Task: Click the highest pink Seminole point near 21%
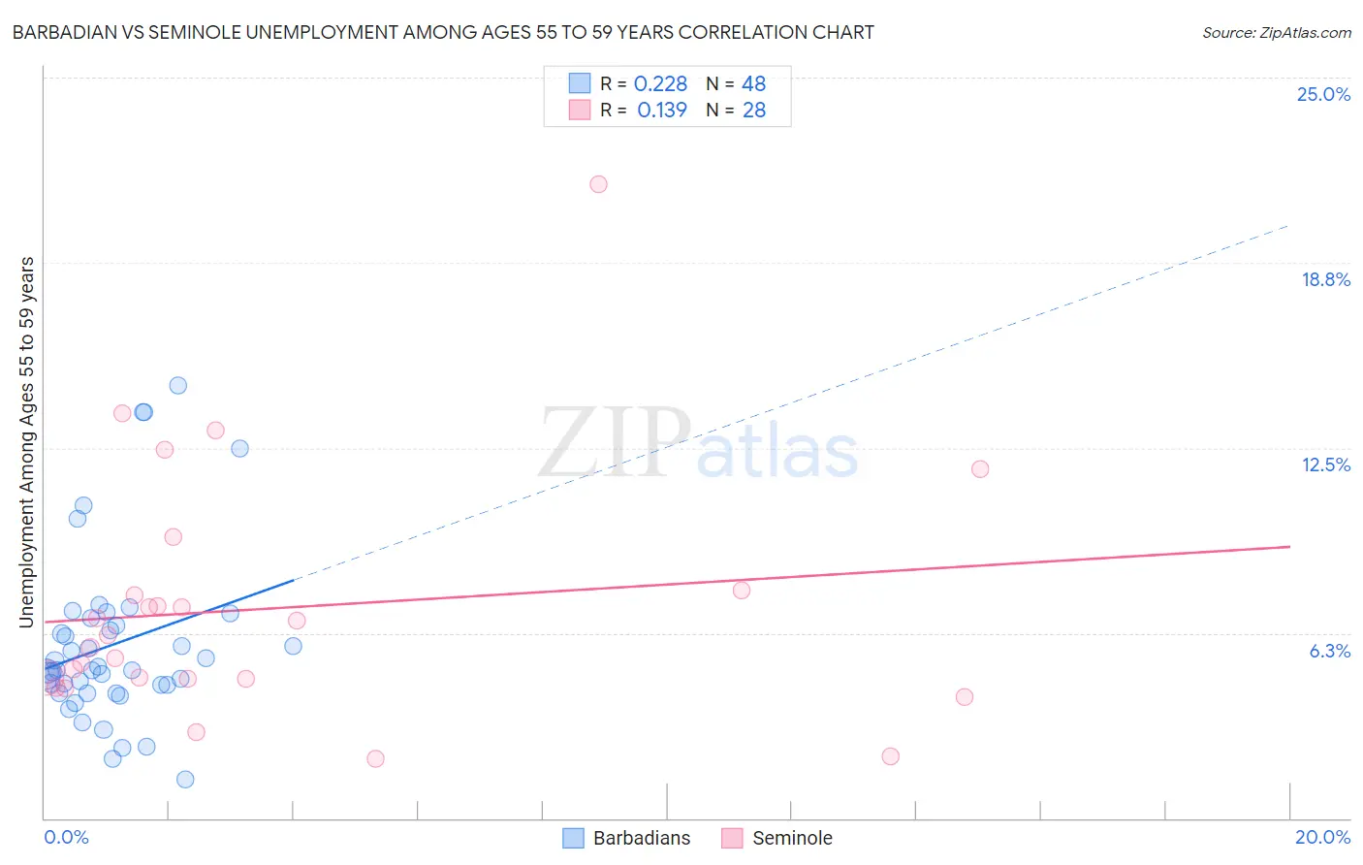(x=598, y=184)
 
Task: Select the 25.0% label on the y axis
(x=1323, y=94)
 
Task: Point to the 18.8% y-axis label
(x=1325, y=279)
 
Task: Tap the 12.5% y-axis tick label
(x=1325, y=465)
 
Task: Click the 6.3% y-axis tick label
(x=1329, y=651)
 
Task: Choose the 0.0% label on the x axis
(x=66, y=837)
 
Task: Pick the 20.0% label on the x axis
(x=1322, y=837)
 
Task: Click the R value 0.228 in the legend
(x=660, y=84)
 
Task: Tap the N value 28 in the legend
(x=754, y=111)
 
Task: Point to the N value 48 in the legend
(x=754, y=84)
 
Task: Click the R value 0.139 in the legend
(x=662, y=111)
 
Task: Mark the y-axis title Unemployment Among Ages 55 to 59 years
(x=27, y=441)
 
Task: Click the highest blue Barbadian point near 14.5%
(x=178, y=385)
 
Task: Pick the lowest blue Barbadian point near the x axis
(x=185, y=779)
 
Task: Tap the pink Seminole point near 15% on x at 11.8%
(x=980, y=469)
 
